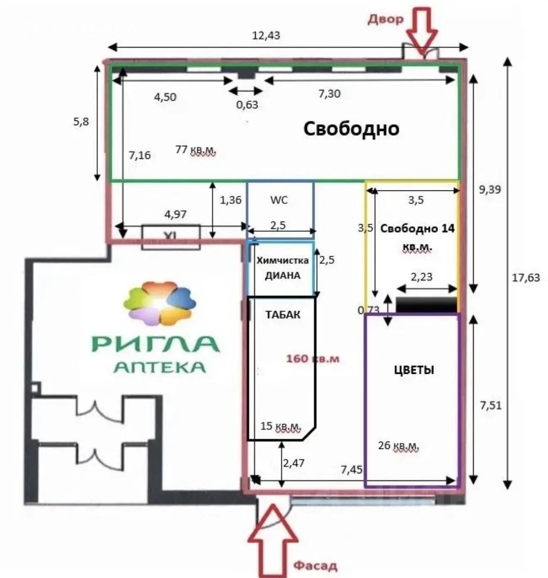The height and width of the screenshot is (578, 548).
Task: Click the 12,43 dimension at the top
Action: pyautogui.click(x=266, y=36)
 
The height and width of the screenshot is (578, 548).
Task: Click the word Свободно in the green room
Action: pyautogui.click(x=351, y=128)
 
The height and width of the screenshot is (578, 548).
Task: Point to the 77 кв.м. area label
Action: pyautogui.click(x=195, y=150)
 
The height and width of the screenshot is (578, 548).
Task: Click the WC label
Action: pyautogui.click(x=279, y=200)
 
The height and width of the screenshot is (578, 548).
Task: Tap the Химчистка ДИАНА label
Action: pyautogui.click(x=282, y=268)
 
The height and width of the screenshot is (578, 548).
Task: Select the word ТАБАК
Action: pyautogui.click(x=283, y=315)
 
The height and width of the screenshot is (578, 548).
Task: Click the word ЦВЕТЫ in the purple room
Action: pyautogui.click(x=414, y=370)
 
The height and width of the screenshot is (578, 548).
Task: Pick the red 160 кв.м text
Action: pyautogui.click(x=313, y=358)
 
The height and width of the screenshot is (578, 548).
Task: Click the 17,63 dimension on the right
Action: pyautogui.click(x=526, y=277)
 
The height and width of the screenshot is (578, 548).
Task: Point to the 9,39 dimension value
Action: pyautogui.click(x=490, y=190)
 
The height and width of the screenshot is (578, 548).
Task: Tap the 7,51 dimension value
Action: pyautogui.click(x=491, y=405)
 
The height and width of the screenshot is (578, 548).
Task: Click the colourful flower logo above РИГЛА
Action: pyautogui.click(x=160, y=303)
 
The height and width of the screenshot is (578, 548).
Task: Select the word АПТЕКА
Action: pyautogui.click(x=160, y=367)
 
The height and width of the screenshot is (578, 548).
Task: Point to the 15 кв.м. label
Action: pyautogui.click(x=280, y=426)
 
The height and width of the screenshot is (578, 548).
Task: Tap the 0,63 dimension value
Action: pyautogui.click(x=247, y=104)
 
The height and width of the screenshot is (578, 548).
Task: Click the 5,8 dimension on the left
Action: pyautogui.click(x=81, y=122)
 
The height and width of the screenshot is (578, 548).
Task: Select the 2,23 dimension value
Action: pyautogui.click(x=421, y=276)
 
